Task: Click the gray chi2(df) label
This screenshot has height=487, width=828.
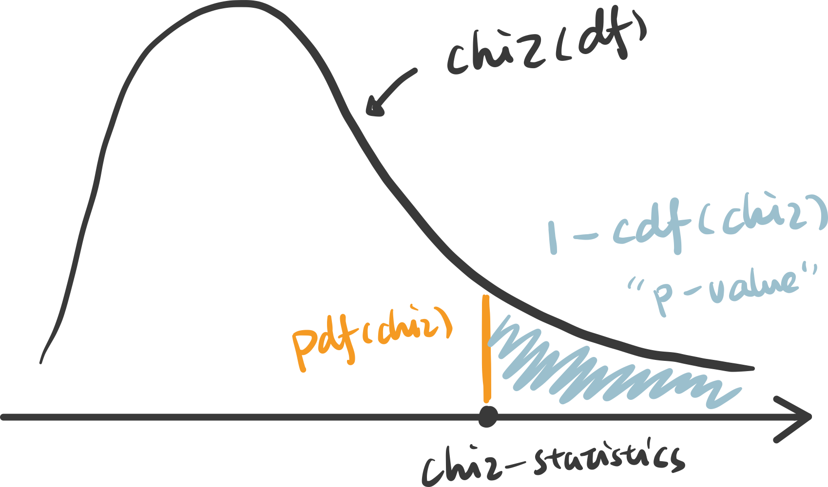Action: point(546,49)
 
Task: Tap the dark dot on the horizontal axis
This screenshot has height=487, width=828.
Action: point(487,417)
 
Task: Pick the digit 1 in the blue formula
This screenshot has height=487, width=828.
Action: point(552,239)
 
